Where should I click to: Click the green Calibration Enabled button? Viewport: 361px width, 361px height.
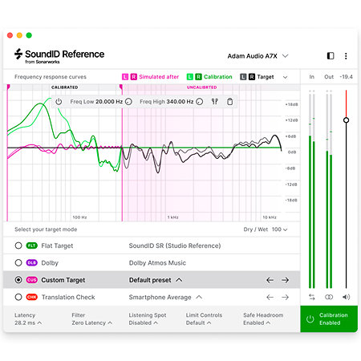tap(329, 318)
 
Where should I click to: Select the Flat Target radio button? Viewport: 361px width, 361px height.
tap(18, 245)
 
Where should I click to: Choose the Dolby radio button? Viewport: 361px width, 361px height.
tap(18, 262)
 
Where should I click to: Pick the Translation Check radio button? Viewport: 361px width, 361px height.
tap(18, 297)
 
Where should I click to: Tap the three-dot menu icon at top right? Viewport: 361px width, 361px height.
tap(346, 56)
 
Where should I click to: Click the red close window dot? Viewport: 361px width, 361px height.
tap(7, 35)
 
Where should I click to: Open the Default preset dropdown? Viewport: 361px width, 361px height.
tap(156, 280)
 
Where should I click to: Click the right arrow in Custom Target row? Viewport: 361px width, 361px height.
tap(285, 280)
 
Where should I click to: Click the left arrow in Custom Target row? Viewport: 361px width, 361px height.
tap(270, 280)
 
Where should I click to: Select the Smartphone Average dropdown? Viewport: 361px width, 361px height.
tap(164, 297)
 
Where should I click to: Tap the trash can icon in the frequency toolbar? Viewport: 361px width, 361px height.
tap(230, 102)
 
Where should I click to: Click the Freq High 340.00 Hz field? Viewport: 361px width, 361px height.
tap(167, 102)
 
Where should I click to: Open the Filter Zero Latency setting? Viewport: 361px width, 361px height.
tap(89, 318)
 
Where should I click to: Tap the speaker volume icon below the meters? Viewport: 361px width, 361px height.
tap(346, 297)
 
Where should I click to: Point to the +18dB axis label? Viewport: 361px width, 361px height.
tap(291, 104)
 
